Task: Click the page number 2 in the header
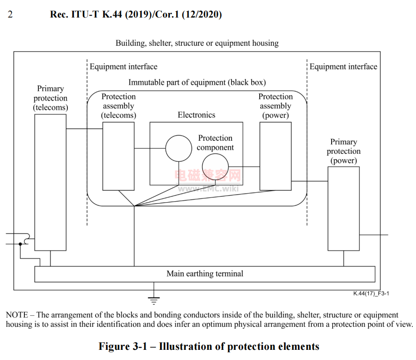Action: (x=10, y=14)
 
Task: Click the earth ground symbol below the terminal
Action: (x=154, y=300)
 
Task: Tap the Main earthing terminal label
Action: (x=205, y=274)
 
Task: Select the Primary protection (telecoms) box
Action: (x=50, y=182)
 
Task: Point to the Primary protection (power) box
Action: (x=344, y=209)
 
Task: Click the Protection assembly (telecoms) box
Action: (x=119, y=156)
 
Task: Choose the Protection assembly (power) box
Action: (x=275, y=156)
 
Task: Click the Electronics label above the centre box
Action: (x=196, y=115)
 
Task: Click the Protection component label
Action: (x=215, y=143)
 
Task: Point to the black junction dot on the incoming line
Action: (x=20, y=244)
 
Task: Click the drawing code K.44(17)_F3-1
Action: (x=371, y=294)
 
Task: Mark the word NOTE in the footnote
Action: (x=17, y=315)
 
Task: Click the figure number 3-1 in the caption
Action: (x=140, y=347)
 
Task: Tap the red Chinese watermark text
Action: (x=208, y=175)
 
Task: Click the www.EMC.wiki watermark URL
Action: (x=208, y=188)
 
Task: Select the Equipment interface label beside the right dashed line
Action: (x=343, y=66)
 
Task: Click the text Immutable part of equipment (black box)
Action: (x=197, y=83)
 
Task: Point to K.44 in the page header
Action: (x=112, y=14)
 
